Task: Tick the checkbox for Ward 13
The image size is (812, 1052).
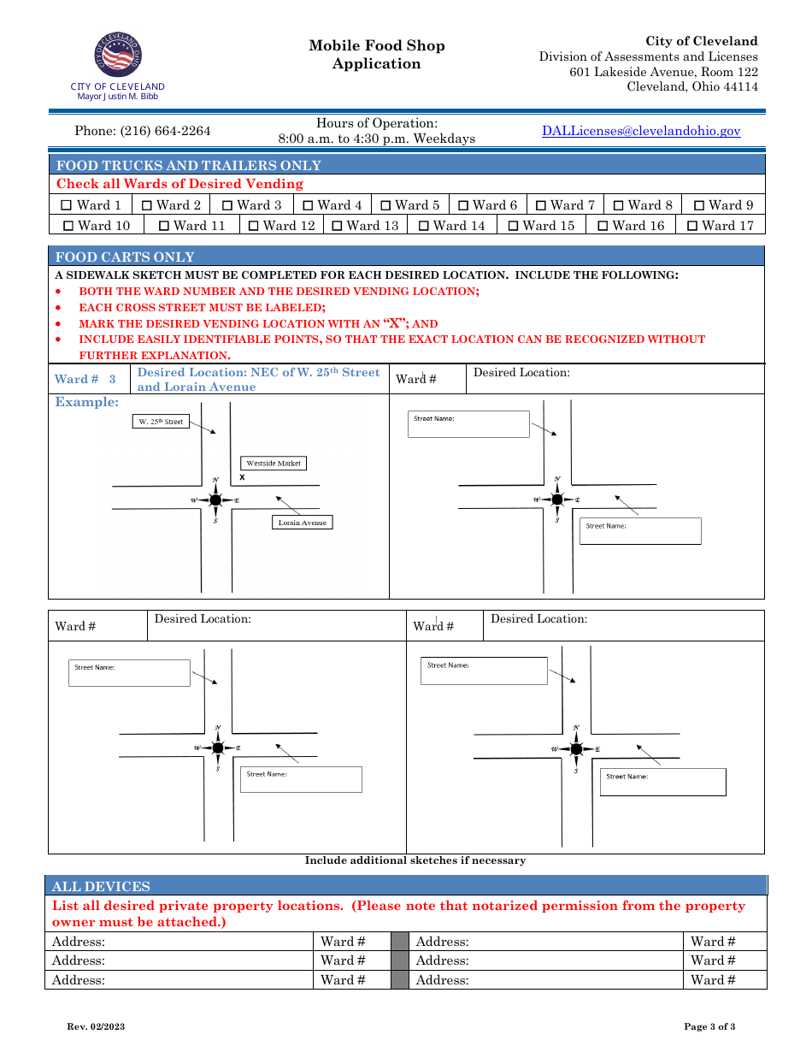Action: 338,226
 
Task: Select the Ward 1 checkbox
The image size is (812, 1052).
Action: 68,205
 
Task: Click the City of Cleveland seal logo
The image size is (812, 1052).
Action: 118,56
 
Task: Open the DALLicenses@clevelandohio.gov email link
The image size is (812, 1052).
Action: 641,131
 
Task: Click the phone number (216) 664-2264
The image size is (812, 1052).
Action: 143,131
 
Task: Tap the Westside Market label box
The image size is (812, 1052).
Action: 274,463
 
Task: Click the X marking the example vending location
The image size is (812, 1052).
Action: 242,477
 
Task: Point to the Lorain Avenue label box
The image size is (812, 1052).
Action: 302,522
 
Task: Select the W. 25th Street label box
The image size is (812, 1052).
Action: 162,422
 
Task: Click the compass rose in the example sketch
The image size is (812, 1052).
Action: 215,500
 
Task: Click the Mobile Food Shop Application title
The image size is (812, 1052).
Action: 377,55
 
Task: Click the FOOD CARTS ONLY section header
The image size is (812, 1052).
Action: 125,257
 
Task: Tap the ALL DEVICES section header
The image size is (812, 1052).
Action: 101,886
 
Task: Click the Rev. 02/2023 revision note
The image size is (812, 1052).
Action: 96,1026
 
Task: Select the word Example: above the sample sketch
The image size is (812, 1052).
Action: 87,402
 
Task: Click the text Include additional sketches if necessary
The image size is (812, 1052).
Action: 415,860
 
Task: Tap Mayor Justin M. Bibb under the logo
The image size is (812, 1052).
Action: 118,96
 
